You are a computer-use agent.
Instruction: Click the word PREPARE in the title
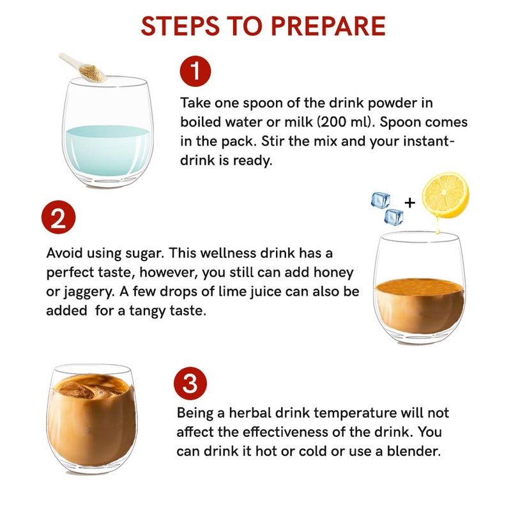tap(328, 26)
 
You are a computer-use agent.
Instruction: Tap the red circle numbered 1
tap(195, 72)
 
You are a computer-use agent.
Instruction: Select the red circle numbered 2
tap(58, 217)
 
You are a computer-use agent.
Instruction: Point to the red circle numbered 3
tap(190, 384)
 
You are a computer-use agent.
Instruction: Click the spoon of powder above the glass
tap(84, 68)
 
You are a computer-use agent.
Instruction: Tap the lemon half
tap(445, 195)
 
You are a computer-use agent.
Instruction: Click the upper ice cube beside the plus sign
tap(381, 200)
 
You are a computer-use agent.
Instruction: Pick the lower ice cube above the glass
tap(394, 217)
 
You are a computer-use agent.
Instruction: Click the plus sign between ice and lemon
tap(410, 202)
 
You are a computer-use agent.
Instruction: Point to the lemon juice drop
tap(438, 227)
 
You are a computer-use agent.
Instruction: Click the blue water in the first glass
tap(108, 150)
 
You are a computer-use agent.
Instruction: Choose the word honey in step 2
tap(333, 273)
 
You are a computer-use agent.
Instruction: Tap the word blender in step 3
tap(413, 451)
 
